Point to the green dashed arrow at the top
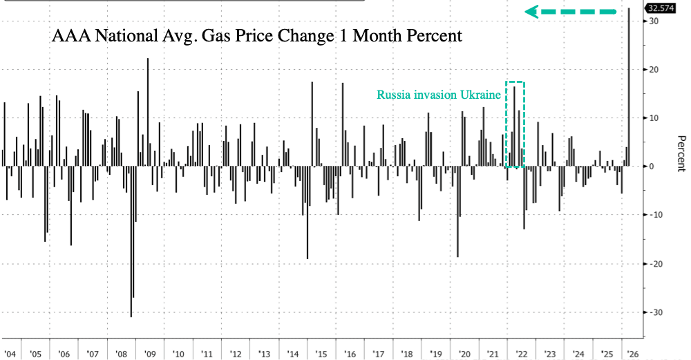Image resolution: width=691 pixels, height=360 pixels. (571, 12)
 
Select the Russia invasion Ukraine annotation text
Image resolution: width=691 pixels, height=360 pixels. (439, 95)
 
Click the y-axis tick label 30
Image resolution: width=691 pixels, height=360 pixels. (653, 21)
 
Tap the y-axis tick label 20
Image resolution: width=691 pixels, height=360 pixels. (653, 70)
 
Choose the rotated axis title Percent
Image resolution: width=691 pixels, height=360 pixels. (681, 152)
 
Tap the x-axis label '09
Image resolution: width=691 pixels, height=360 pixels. (150, 354)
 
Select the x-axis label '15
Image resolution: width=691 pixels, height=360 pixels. (321, 354)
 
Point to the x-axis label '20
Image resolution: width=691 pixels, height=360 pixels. (464, 354)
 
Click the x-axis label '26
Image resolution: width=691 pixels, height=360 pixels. (633, 354)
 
